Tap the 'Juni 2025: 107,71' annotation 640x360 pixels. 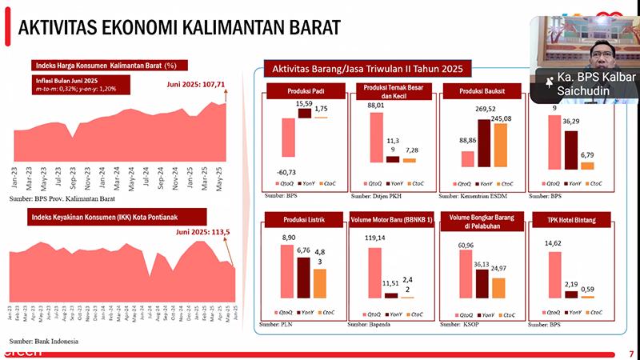point(197,83)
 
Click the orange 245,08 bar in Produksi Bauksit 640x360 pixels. point(501,144)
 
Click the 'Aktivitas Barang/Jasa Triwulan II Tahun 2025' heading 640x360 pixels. point(366,69)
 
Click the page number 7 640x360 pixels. point(630,353)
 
